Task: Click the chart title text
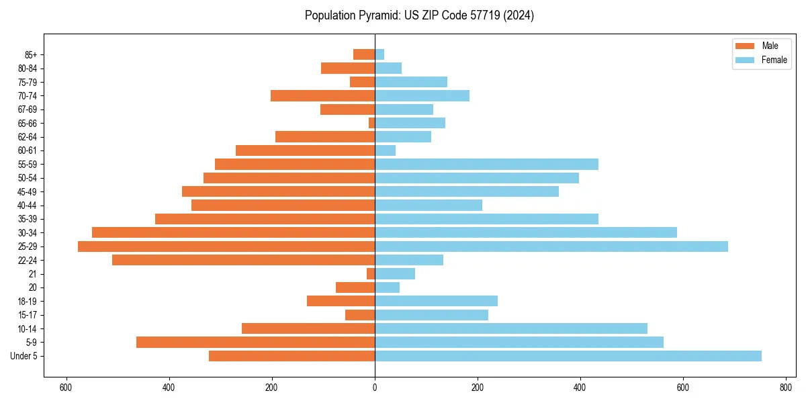[419, 15]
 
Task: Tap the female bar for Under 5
[568, 356]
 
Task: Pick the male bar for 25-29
[226, 247]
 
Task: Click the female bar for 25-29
[551, 247]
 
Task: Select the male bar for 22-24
[243, 260]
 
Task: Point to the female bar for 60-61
[385, 150]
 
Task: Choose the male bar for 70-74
[322, 96]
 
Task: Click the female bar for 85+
[379, 54]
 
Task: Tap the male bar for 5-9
[255, 343]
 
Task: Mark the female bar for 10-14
[510, 328]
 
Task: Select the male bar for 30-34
[233, 232]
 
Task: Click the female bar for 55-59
[486, 165]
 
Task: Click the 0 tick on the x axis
[375, 388]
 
